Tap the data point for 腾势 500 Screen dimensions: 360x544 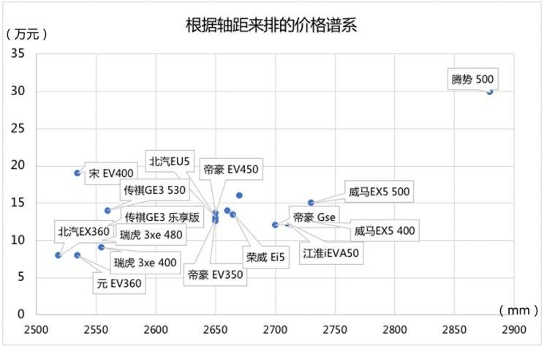click(490, 91)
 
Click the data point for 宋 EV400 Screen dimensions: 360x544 click(78, 173)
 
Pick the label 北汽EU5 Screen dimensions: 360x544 click(169, 160)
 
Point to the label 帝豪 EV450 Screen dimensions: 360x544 click(232, 169)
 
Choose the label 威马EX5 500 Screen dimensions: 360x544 click(379, 192)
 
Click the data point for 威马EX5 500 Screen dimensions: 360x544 click(311, 203)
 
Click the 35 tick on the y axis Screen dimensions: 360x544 click(18, 54)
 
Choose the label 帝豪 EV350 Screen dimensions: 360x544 click(214, 276)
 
